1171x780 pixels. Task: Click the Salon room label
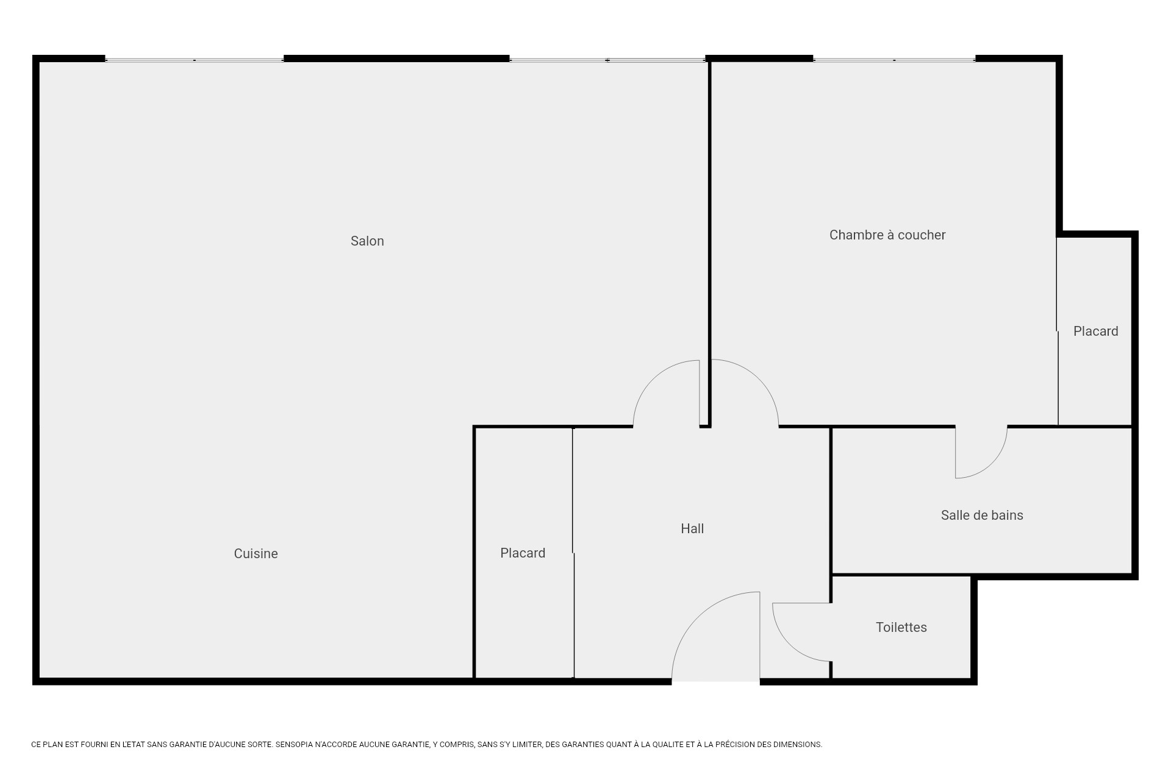[x=367, y=241]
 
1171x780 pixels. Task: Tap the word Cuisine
[x=256, y=554]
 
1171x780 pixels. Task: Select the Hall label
[x=692, y=529]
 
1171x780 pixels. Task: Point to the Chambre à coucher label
[x=887, y=235]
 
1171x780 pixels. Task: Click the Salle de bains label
[x=981, y=516]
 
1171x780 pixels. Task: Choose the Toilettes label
[x=901, y=628]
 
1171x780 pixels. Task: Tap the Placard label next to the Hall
[x=523, y=553]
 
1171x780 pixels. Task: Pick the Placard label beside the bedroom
[x=1095, y=331]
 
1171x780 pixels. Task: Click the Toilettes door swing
[x=799, y=634]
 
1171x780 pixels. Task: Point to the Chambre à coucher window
[x=894, y=60]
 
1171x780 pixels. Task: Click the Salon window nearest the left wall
[x=194, y=60]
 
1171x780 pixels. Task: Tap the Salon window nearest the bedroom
[x=607, y=60]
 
